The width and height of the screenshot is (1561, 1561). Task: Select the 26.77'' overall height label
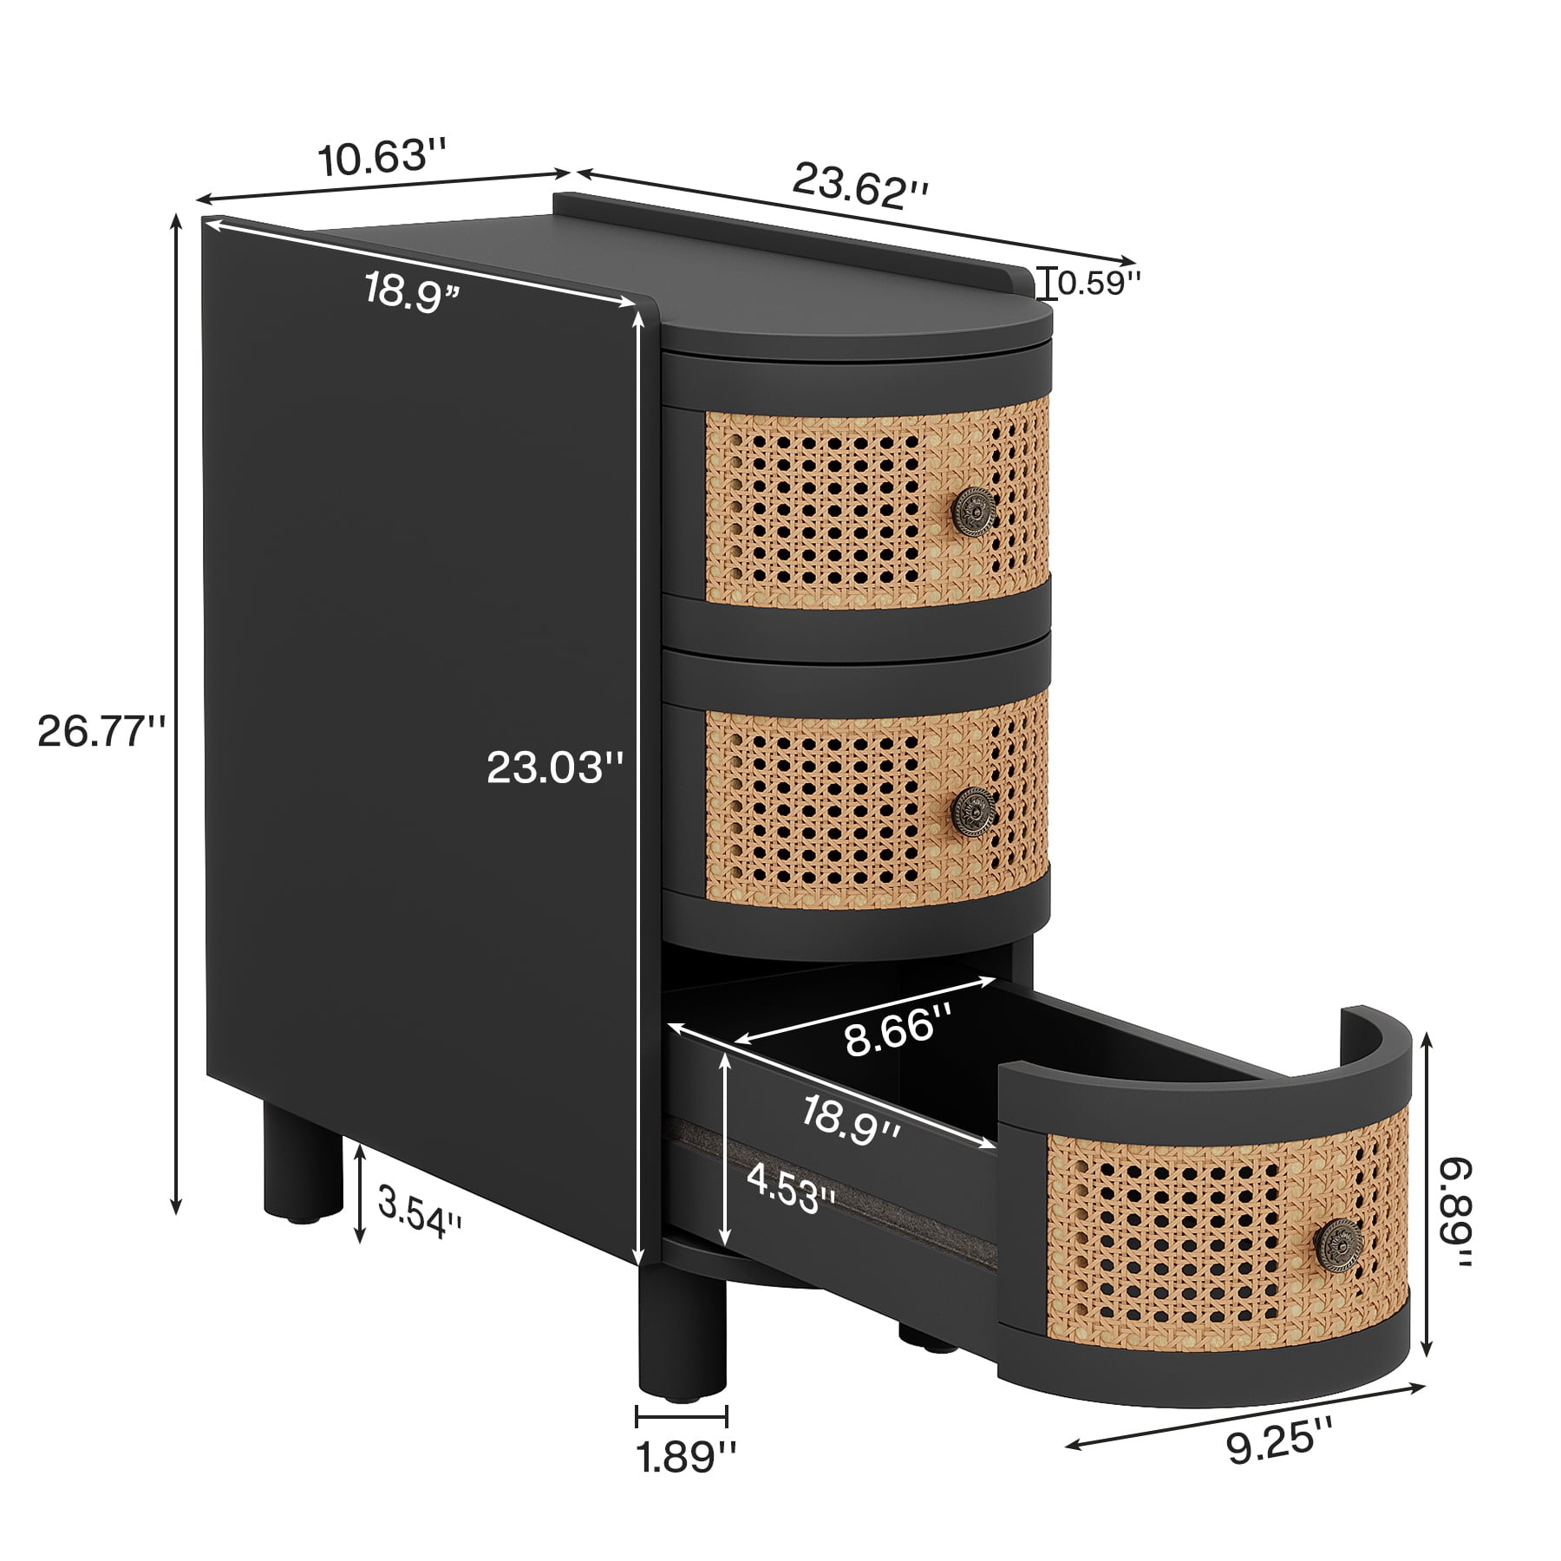[101, 732]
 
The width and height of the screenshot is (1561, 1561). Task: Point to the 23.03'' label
[556, 767]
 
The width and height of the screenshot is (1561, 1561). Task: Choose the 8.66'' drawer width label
[899, 1029]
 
